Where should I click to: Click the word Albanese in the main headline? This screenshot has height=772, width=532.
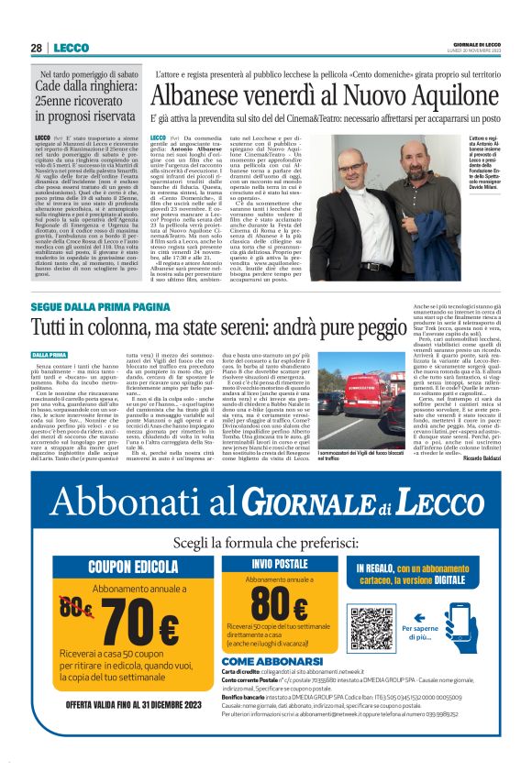201,95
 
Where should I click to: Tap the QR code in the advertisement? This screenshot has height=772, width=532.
371,628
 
